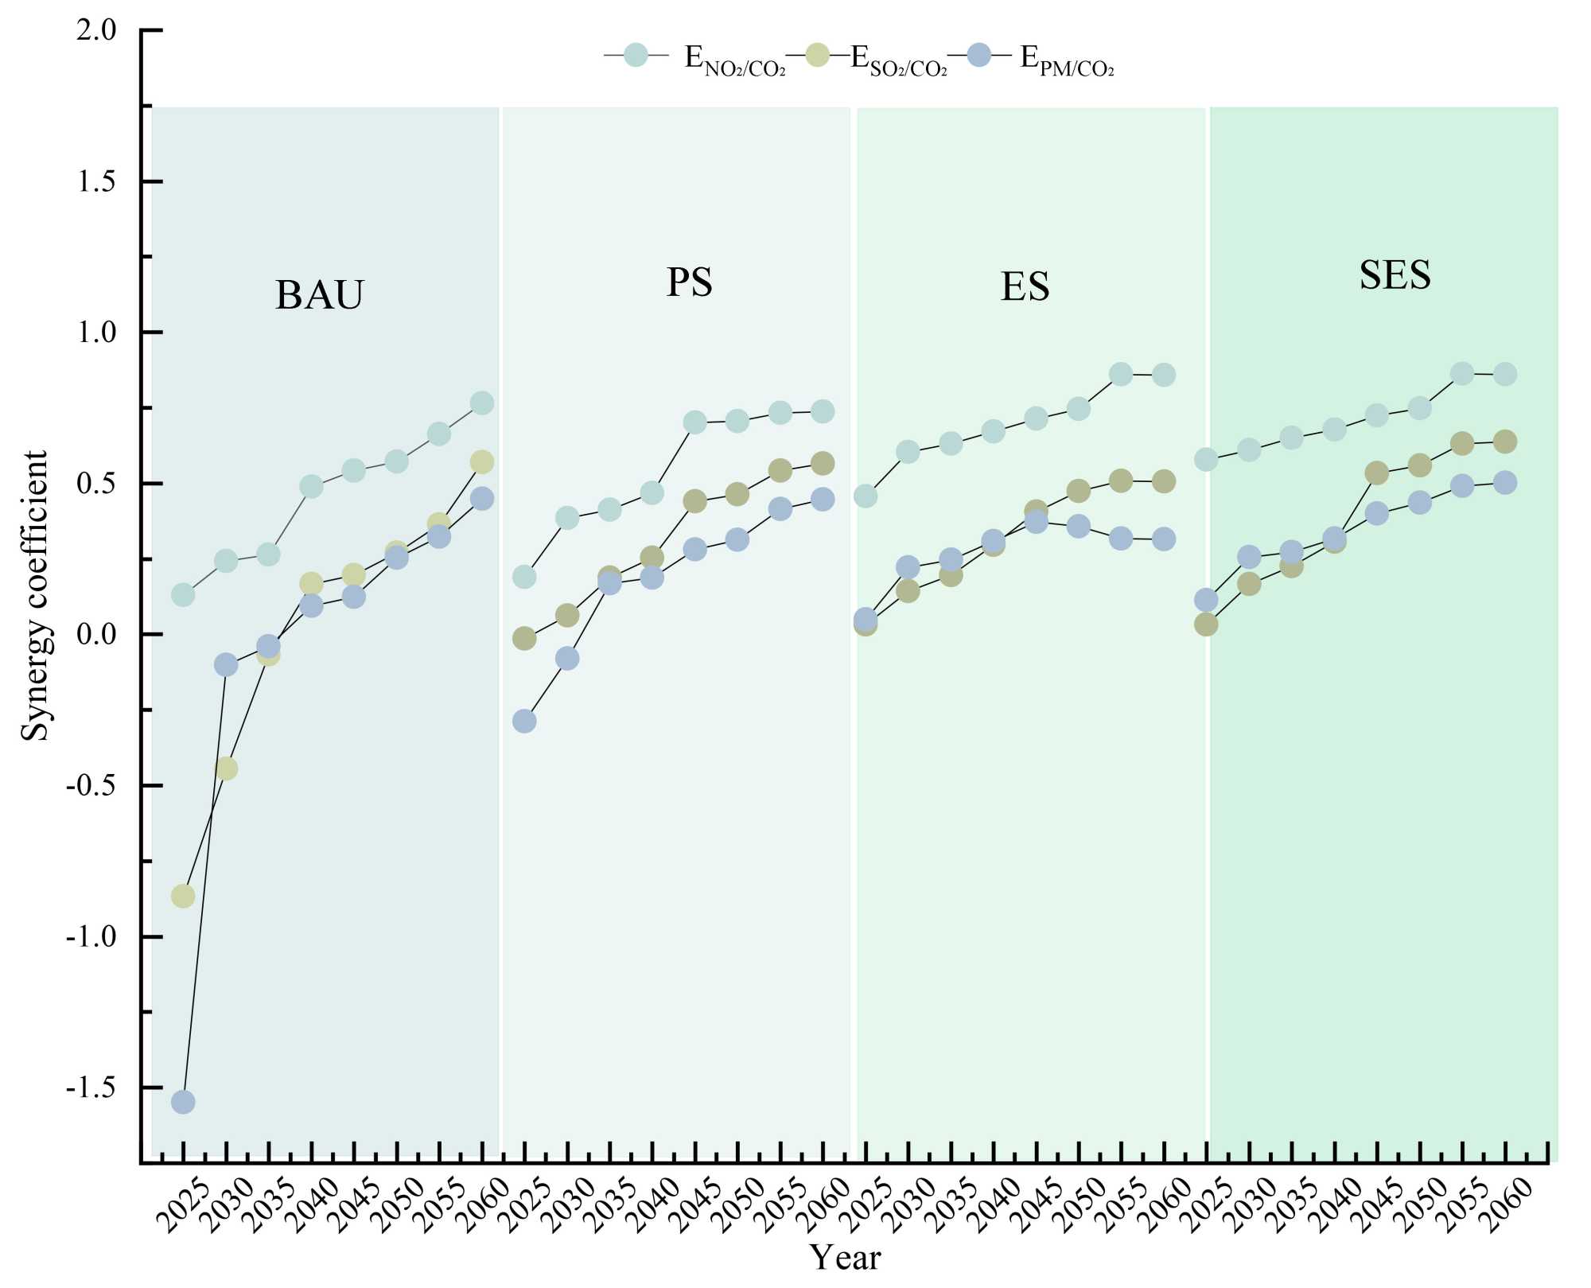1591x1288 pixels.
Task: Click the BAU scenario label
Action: (x=319, y=294)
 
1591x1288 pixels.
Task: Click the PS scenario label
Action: (x=689, y=282)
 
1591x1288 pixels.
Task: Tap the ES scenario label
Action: (x=1025, y=286)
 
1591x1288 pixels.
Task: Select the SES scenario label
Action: (x=1395, y=275)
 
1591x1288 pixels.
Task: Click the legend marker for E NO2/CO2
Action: (x=636, y=55)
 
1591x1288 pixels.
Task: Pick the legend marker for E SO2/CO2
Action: (x=818, y=55)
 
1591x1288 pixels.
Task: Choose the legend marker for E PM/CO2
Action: (x=980, y=55)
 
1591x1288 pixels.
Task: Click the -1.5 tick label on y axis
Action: (x=91, y=1088)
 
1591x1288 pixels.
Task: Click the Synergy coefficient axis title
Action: (x=35, y=595)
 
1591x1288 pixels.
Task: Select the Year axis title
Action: (x=845, y=1258)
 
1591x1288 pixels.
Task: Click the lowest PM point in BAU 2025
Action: (x=183, y=1102)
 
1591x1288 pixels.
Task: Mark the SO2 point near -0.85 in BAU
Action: (x=183, y=897)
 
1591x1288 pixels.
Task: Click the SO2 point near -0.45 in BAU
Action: (x=226, y=769)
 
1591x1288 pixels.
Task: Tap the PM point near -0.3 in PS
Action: (x=524, y=722)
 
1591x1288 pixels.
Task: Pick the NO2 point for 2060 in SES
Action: (x=1504, y=374)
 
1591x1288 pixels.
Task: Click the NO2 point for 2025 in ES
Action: (x=866, y=496)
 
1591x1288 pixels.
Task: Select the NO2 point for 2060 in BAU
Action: (x=482, y=403)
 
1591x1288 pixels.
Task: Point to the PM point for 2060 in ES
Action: (x=1164, y=539)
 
